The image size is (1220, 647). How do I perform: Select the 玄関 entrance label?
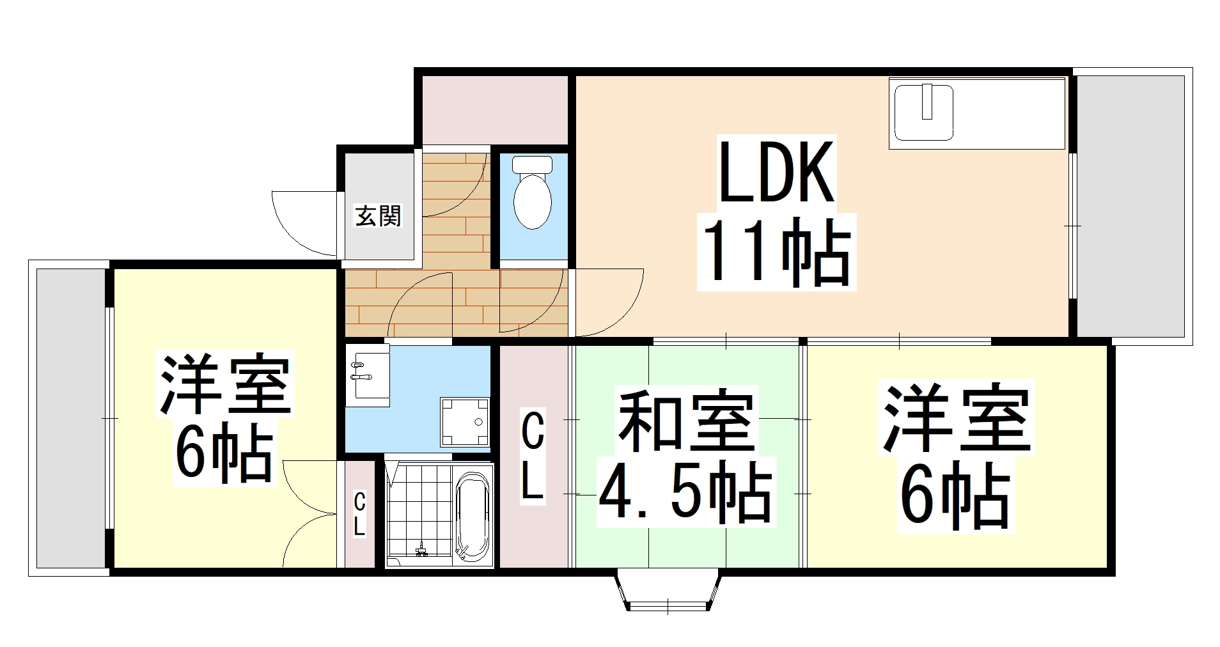pos(378,216)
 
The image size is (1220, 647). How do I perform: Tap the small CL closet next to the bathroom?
pos(360,515)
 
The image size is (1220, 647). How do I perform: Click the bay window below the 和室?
pos(668,591)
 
